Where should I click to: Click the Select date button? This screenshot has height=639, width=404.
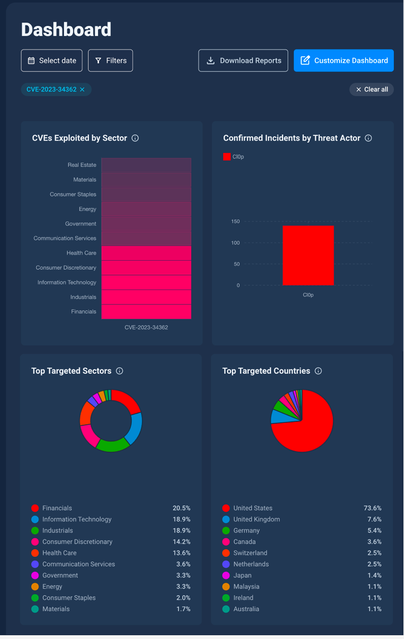51,61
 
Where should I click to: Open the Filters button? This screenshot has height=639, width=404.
110,61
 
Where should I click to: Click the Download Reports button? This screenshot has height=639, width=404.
243,61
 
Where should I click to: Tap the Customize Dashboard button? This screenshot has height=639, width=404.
344,61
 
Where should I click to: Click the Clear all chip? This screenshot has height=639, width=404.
371,89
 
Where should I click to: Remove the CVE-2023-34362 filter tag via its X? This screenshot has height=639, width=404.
82,89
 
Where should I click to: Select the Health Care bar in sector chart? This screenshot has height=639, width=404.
146,253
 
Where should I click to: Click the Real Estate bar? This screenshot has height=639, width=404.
146,165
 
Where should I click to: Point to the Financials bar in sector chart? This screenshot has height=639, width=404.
146,312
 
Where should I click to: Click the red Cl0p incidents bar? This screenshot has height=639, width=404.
308,256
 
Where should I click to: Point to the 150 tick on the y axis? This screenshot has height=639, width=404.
235,221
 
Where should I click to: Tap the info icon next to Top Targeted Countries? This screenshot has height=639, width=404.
318,371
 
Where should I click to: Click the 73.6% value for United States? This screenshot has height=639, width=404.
372,508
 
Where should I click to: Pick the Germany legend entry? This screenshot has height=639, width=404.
241,530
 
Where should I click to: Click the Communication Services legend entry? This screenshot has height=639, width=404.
73,564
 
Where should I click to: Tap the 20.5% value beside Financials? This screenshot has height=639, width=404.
181,508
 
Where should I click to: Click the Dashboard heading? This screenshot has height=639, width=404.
66,30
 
